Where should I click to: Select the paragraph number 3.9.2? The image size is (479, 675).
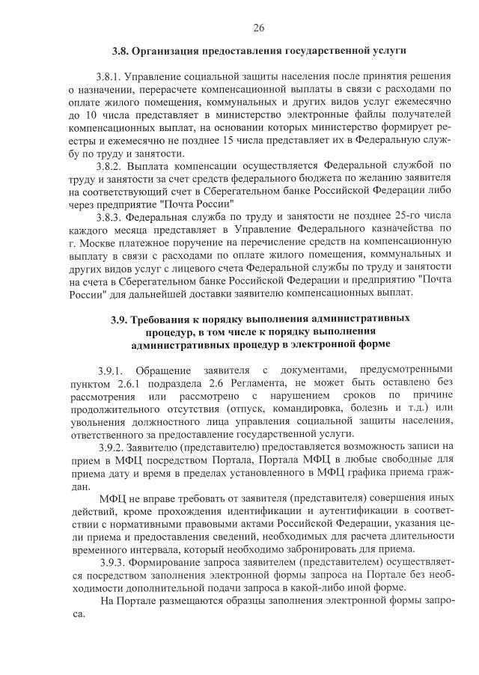click(x=113, y=446)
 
